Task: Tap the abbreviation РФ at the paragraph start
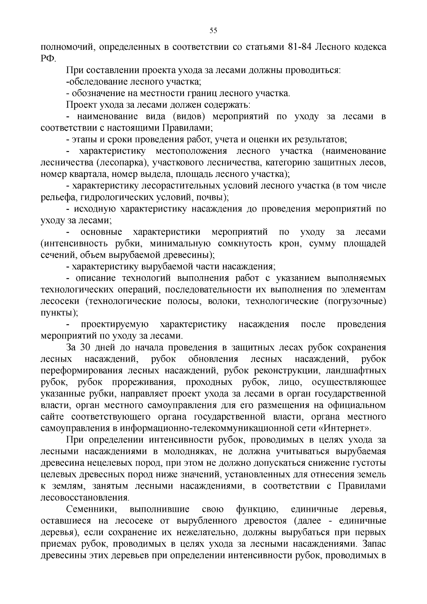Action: [x=48, y=59]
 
